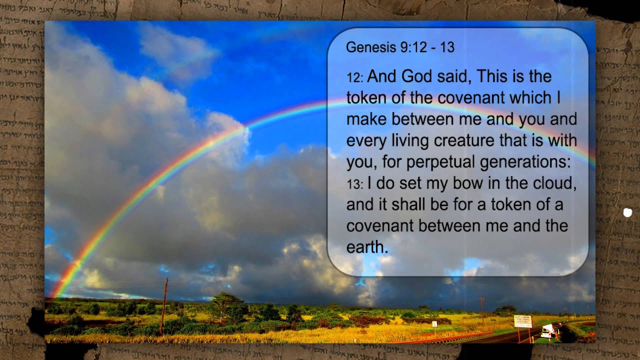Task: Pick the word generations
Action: [524, 162]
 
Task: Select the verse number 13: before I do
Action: [354, 184]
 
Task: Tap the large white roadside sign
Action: [523, 321]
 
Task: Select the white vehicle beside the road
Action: [547, 331]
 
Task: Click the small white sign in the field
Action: [434, 324]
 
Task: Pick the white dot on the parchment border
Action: [627, 212]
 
